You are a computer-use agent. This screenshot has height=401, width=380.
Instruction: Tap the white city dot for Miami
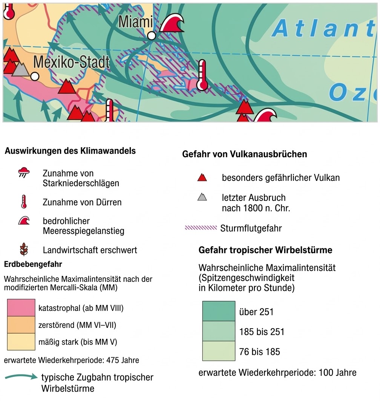[152, 36]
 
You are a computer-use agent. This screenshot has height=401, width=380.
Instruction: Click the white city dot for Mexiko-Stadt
[35, 77]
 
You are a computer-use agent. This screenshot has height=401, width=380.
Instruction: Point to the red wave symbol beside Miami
[172, 23]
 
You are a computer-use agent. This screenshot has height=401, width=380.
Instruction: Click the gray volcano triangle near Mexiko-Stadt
[20, 69]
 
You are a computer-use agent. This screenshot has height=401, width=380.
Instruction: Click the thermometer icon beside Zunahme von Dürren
[24, 202]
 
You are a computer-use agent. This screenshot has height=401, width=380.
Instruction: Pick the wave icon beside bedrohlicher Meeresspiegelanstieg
[24, 221]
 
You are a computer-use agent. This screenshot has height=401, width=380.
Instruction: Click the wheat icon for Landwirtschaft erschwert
[24, 249]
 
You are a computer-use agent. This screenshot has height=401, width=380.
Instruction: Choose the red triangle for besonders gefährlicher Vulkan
[202, 177]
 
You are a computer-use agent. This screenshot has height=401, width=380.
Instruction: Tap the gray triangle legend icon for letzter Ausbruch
[202, 197]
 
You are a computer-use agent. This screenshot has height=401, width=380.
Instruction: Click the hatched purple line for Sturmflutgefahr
[201, 228]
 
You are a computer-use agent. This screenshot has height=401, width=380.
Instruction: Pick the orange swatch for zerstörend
[21, 325]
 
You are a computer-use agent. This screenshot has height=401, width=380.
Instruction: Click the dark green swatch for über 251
[219, 311]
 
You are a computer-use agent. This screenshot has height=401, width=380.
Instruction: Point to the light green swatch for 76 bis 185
[219, 351]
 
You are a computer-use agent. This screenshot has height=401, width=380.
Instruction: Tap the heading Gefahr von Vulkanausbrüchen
[244, 155]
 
